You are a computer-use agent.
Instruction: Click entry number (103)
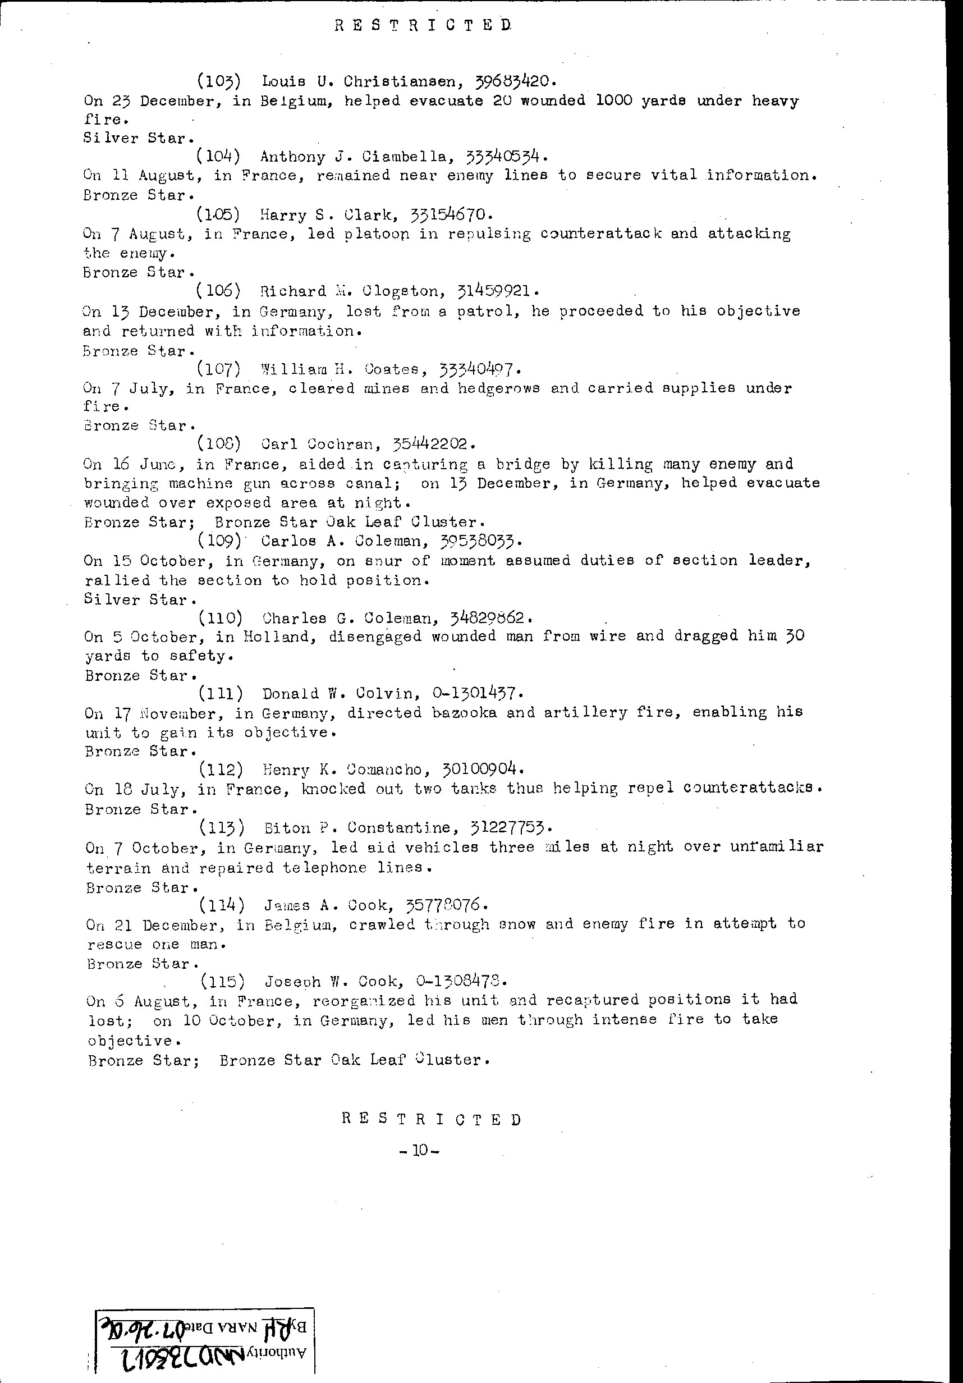(219, 80)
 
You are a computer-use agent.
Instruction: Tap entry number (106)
(218, 291)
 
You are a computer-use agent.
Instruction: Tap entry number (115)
(222, 981)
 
